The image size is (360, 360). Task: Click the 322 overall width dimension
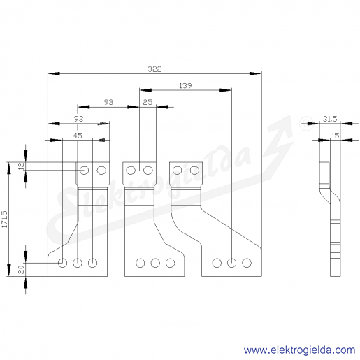(x=154, y=69)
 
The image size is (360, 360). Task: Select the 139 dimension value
(x=185, y=86)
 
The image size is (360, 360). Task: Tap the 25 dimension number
(x=147, y=102)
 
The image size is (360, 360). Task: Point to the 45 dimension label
(x=78, y=136)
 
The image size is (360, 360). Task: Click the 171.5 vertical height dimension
(x=5, y=219)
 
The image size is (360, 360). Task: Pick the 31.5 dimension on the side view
(x=330, y=119)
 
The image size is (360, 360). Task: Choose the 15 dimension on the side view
(x=335, y=136)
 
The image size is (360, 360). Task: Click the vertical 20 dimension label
(x=21, y=270)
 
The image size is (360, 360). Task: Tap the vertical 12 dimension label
(x=21, y=166)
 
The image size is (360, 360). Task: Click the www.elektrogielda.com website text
(x=299, y=350)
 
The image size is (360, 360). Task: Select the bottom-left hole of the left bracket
(x=62, y=263)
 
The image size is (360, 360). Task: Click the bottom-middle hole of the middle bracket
(x=155, y=263)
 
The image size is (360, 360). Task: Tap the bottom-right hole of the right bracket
(x=247, y=263)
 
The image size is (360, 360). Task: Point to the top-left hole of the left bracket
(x=85, y=171)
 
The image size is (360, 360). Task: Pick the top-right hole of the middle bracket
(x=148, y=171)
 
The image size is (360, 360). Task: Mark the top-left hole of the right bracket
(x=178, y=171)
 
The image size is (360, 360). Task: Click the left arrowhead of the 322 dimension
(x=54, y=73)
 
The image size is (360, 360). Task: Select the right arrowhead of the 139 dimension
(x=225, y=90)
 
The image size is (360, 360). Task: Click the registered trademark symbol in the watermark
(x=306, y=126)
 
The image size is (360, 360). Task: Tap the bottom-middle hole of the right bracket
(x=231, y=263)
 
